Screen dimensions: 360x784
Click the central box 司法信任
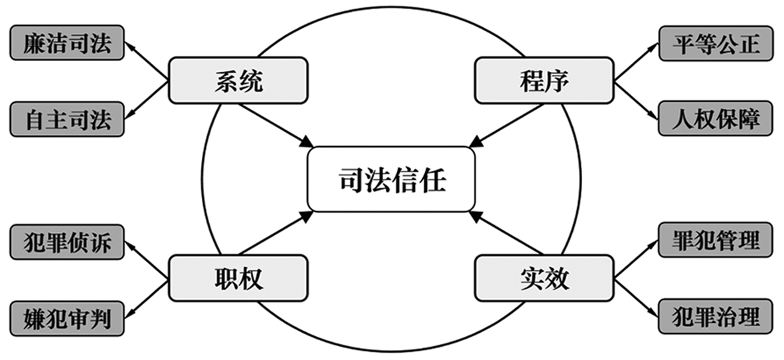(392, 179)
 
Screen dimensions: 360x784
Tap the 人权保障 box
(716, 120)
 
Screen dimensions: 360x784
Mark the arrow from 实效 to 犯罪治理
(636, 297)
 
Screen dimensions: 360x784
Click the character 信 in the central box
(412, 179)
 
